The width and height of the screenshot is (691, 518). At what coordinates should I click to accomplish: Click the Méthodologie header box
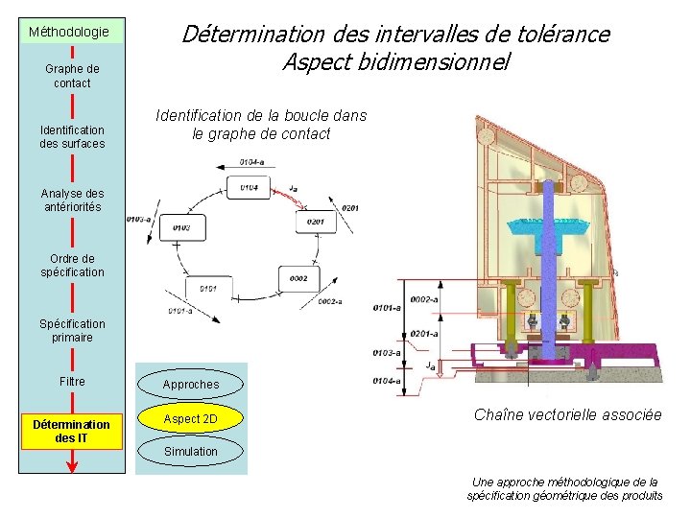[71, 31]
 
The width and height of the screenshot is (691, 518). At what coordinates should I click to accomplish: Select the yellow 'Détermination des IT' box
[71, 432]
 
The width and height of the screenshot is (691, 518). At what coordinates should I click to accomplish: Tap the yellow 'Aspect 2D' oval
[190, 419]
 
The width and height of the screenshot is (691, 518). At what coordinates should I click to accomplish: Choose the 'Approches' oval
[190, 385]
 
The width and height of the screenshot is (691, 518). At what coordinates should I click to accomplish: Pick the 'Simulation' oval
[190, 451]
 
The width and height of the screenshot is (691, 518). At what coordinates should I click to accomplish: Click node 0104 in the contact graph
[249, 187]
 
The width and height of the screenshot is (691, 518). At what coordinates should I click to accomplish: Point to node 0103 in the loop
[181, 227]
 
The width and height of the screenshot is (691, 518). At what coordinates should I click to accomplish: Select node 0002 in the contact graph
[298, 277]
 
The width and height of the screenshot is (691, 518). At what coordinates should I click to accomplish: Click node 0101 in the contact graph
[209, 288]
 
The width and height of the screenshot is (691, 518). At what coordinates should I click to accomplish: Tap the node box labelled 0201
[317, 222]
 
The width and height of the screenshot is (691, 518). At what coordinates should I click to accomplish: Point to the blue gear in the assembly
[547, 225]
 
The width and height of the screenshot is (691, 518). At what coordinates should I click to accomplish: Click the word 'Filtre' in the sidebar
[72, 382]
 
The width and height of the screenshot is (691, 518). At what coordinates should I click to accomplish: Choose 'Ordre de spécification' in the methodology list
[72, 265]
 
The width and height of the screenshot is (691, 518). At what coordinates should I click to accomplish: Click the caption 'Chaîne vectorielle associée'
[567, 414]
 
